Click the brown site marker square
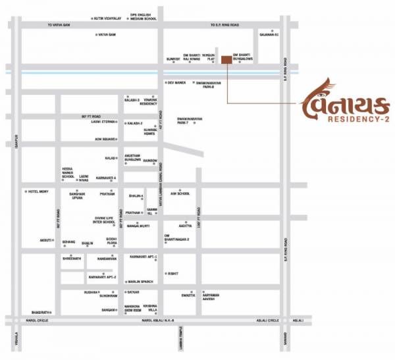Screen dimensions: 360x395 [x=226, y=60]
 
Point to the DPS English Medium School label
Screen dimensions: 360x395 [x=144, y=16]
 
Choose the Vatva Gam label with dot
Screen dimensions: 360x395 [x=107, y=34]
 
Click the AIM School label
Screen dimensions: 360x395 [x=180, y=193]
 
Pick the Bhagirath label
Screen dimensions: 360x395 [x=41, y=312]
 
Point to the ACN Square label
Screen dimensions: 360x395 [x=105, y=139]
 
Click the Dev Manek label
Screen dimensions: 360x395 [x=178, y=83]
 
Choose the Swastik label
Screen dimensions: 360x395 [x=188, y=296]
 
